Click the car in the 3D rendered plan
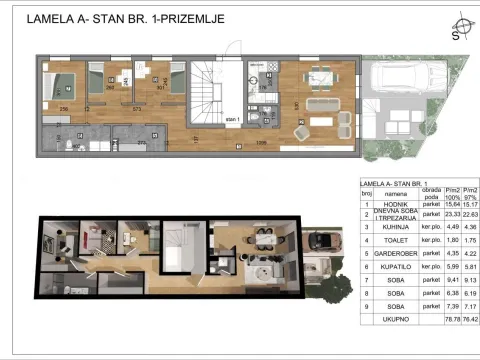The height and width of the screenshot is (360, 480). (323, 241)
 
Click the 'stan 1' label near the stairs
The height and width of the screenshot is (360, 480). (234, 118)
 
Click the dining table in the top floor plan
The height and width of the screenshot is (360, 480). (322, 103)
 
